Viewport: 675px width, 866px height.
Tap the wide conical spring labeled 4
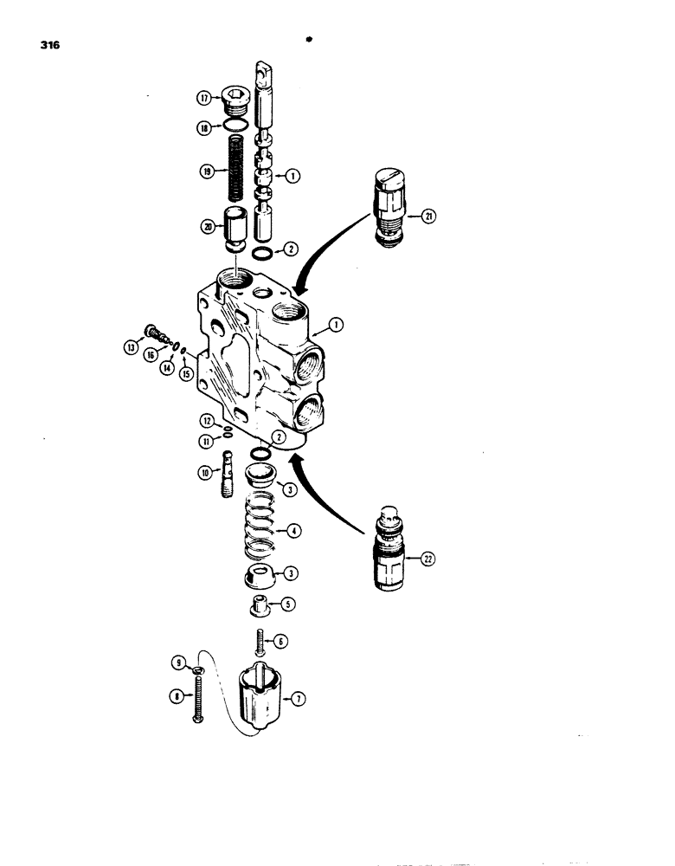click(x=261, y=527)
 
